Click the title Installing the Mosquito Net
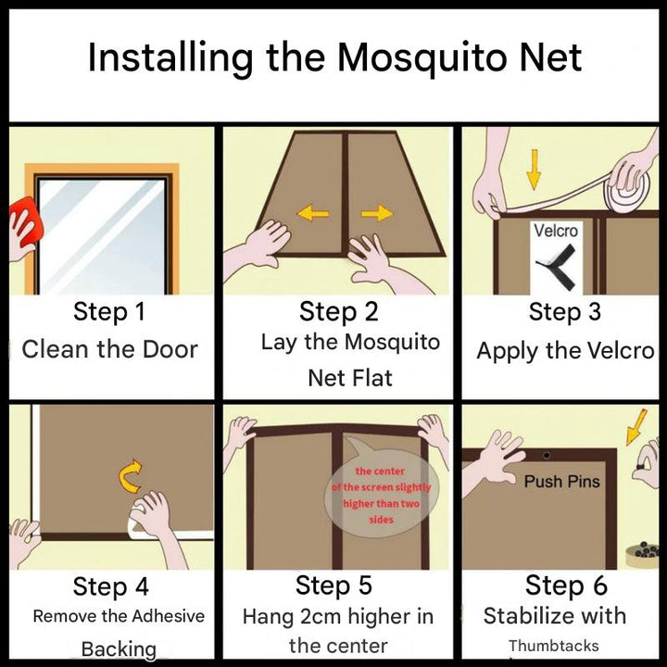(x=334, y=57)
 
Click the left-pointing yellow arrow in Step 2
(x=312, y=215)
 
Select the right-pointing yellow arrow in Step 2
(x=376, y=214)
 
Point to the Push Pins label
(x=561, y=482)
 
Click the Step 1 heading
(x=109, y=311)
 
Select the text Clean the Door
(x=109, y=349)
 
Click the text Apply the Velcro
(x=565, y=351)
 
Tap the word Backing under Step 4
(x=119, y=648)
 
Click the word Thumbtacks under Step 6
(x=553, y=646)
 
